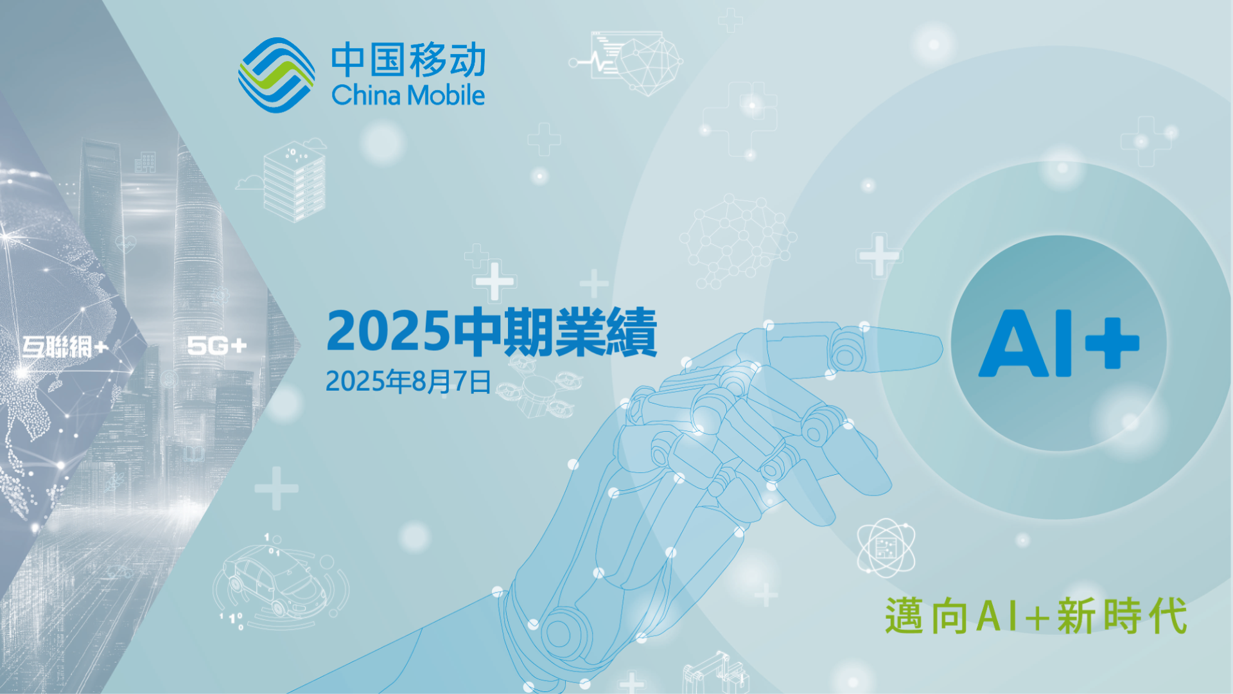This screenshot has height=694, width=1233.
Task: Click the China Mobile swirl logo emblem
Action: coord(276,75)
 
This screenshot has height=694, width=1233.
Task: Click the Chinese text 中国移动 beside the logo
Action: coord(408,60)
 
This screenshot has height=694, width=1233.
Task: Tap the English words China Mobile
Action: coord(408,95)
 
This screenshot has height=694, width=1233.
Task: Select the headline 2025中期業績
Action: coord(491,332)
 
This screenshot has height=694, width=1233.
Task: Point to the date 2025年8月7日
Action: coord(408,381)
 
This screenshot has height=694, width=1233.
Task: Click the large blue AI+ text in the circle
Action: coord(1058,343)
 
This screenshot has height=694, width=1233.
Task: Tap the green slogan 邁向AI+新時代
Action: coord(1036,616)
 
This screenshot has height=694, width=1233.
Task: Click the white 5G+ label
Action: coord(217,346)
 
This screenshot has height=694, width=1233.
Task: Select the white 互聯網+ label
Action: coord(65,347)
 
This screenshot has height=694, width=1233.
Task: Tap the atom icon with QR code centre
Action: coord(886,547)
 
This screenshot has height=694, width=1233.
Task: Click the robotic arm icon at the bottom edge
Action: coord(715,673)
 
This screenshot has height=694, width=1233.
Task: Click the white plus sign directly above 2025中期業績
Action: coord(494,281)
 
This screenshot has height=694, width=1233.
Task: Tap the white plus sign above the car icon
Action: coord(276,488)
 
